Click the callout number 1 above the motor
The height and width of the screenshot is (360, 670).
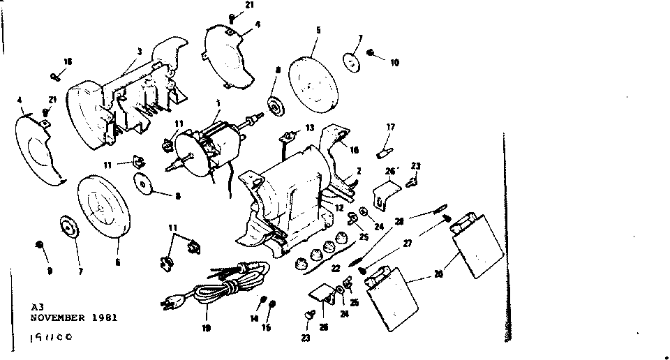(218, 102)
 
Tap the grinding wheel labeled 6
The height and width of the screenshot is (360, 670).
(103, 207)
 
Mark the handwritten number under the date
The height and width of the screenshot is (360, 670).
(50, 338)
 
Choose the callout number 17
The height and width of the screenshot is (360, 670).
(391, 127)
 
